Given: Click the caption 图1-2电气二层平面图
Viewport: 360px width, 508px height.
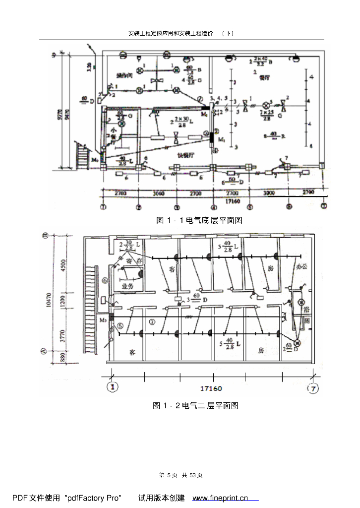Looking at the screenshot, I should click(196, 406).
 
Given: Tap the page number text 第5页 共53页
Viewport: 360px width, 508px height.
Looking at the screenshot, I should click(181, 475).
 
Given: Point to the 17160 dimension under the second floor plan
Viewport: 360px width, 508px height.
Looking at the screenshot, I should click(210, 388).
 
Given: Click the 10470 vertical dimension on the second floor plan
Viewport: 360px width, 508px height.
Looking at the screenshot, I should click(48, 302).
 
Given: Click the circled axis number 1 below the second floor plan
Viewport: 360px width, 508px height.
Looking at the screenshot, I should click(114, 386).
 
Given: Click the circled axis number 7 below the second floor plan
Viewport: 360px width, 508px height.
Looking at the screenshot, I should click(313, 388).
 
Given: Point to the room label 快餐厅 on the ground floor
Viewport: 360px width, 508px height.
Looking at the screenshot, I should click(184, 155).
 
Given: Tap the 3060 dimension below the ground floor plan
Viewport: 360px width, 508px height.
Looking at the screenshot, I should click(158, 192).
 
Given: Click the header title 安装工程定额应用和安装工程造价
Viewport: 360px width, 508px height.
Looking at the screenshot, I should click(171, 33).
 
